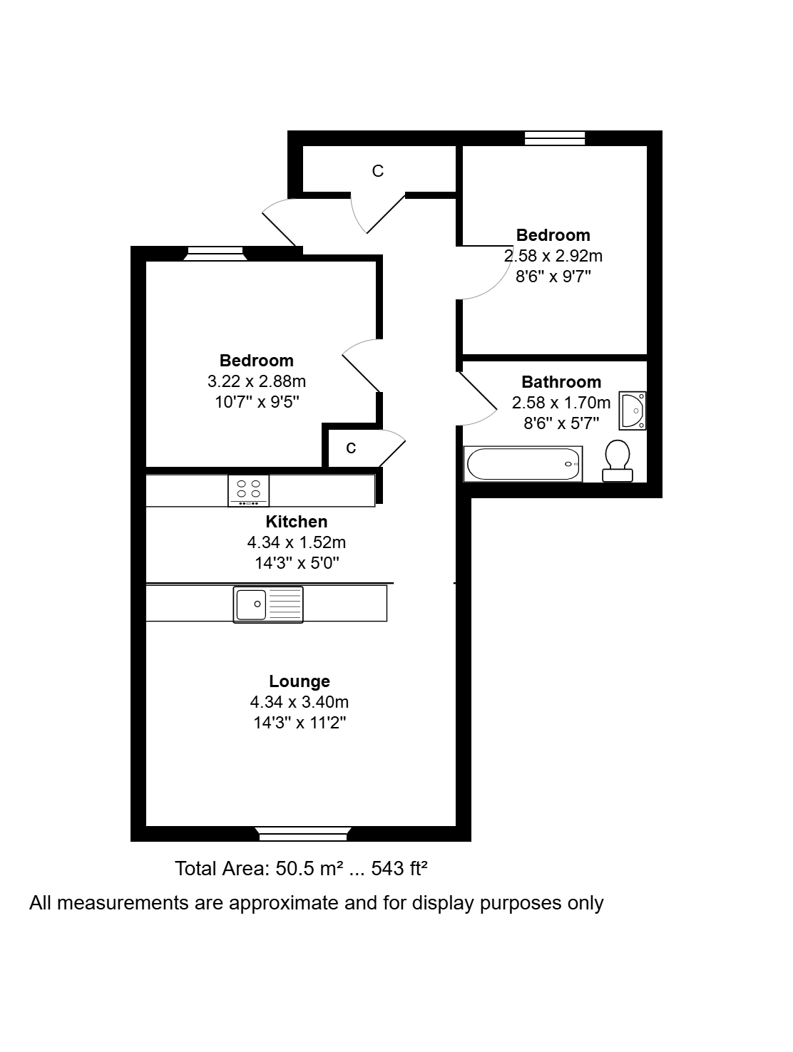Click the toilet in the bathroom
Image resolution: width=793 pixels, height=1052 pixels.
click(617, 460)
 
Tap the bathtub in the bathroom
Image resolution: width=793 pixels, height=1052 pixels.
click(523, 463)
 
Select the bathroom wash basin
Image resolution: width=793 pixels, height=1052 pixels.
click(632, 411)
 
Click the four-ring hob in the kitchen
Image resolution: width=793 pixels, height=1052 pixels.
click(248, 490)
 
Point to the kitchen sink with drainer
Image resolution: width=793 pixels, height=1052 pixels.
click(268, 604)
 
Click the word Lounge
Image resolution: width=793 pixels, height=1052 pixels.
click(300, 681)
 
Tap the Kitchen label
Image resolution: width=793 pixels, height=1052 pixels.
click(296, 521)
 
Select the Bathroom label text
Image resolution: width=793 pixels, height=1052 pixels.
click(561, 381)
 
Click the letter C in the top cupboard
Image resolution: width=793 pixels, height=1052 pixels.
click(378, 170)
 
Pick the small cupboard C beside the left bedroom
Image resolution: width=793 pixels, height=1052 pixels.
click(351, 448)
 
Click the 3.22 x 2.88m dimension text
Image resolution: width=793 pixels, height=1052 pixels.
click(257, 381)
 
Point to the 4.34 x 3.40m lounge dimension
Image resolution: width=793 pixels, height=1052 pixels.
click(300, 701)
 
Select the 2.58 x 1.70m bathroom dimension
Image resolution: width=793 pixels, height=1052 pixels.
click(561, 403)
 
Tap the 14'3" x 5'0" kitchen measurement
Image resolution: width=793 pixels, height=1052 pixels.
click(296, 562)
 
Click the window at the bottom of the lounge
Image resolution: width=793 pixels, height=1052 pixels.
click(303, 834)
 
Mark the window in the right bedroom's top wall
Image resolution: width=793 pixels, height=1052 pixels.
click(555, 138)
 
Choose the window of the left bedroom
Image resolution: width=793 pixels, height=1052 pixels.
click(215, 254)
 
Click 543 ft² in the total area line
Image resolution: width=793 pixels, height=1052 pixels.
click(399, 868)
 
